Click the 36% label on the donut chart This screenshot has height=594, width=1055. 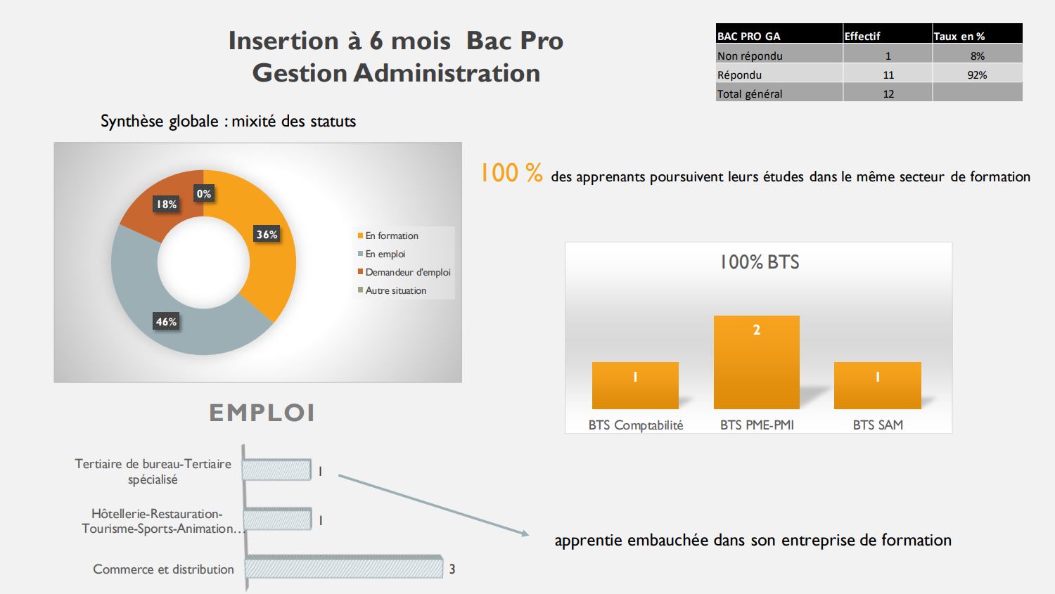[x=267, y=234]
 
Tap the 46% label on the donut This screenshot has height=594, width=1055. [x=166, y=321]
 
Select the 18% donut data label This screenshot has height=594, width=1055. [x=166, y=205]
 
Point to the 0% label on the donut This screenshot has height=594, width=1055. [x=204, y=193]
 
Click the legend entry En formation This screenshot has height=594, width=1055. [x=388, y=235]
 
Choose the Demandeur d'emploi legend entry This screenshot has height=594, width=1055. [x=404, y=272]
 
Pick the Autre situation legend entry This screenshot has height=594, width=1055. [x=392, y=290]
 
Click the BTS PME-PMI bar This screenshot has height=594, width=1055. [x=756, y=362]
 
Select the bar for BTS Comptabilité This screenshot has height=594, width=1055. [x=635, y=385]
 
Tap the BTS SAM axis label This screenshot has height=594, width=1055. [x=878, y=425]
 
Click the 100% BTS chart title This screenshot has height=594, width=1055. [x=760, y=262]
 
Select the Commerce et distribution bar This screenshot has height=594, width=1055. [x=344, y=567]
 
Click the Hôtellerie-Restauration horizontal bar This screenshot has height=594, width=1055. [x=278, y=519]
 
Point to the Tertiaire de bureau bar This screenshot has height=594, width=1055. [x=277, y=470]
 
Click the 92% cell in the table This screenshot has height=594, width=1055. [x=977, y=75]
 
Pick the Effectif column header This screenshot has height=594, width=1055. [x=862, y=37]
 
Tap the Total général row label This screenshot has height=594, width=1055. [x=749, y=93]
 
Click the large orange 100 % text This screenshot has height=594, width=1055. [x=511, y=173]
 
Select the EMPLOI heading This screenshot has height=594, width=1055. [x=262, y=413]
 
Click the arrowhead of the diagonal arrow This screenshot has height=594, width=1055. [x=525, y=534]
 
